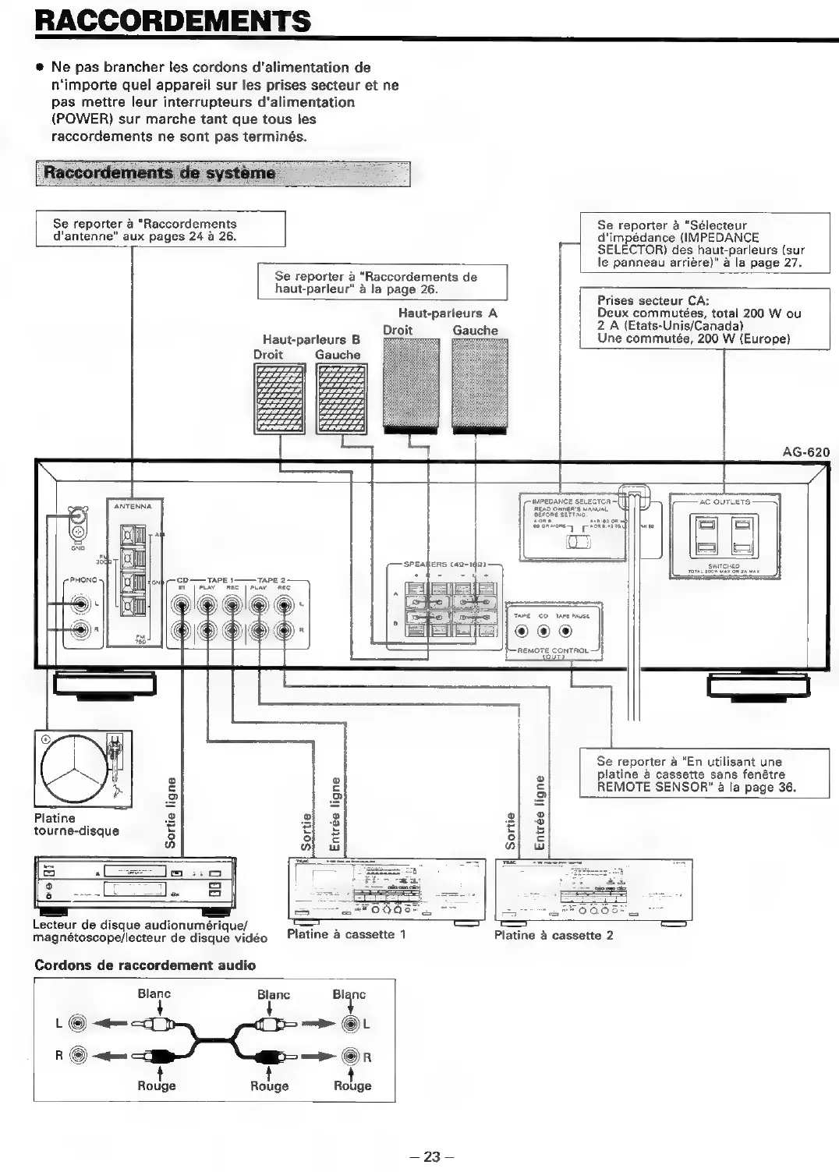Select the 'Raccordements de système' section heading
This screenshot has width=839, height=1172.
point(160,173)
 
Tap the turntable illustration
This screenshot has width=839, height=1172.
point(83,769)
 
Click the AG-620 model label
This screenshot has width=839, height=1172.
point(805,452)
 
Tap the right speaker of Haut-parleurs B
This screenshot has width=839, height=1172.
point(279,398)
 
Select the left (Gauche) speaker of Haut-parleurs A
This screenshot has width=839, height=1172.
point(480,386)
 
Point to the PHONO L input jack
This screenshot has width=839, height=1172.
point(80,603)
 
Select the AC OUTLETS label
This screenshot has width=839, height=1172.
point(724,502)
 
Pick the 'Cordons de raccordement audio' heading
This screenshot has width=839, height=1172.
point(145,965)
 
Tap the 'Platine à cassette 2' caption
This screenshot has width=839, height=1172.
point(554,935)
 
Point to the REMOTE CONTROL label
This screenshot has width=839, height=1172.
point(553,650)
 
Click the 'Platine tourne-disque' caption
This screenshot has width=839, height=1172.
point(76,824)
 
